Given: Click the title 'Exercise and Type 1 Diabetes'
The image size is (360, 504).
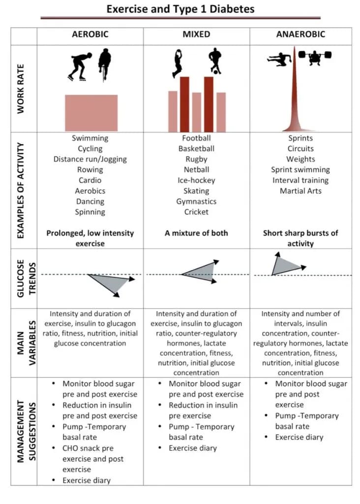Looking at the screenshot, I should pos(180,9).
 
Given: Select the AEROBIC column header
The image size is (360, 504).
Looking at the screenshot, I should pos(90,34).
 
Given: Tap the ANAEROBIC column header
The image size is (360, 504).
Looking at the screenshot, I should pos(300,34).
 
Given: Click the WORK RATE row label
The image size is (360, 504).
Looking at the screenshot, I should pos(21,89).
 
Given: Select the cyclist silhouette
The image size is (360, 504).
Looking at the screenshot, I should pos(104,63).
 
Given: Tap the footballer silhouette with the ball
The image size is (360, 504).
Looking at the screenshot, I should pos(214,61).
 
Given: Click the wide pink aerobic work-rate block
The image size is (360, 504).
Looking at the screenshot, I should pos(91,113).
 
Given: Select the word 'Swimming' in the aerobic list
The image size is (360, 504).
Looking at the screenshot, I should pos(90,138).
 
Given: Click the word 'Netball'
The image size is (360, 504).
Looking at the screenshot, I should pos(196,170).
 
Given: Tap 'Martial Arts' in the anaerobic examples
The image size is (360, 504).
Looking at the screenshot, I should pos(300,191).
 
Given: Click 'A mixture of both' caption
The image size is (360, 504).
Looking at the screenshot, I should pos(196,233).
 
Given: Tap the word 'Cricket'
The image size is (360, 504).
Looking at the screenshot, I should pos(196,212).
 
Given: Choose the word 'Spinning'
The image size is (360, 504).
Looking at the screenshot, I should pos(90,212).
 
